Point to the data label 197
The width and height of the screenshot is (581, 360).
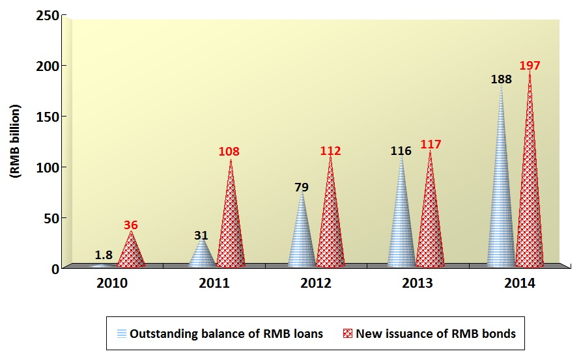pos(530,66)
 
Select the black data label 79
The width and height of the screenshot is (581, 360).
pos(301,187)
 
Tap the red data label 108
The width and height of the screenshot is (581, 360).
pos(229,152)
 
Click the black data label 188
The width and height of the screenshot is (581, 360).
pos(501,79)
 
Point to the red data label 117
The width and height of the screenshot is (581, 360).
pos(431,145)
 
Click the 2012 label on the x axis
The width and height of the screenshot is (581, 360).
pos(316,284)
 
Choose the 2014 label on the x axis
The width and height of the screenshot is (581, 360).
pos(519,284)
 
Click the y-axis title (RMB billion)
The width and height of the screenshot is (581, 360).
pos(16,141)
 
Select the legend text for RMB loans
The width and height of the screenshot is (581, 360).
pos(226,334)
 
